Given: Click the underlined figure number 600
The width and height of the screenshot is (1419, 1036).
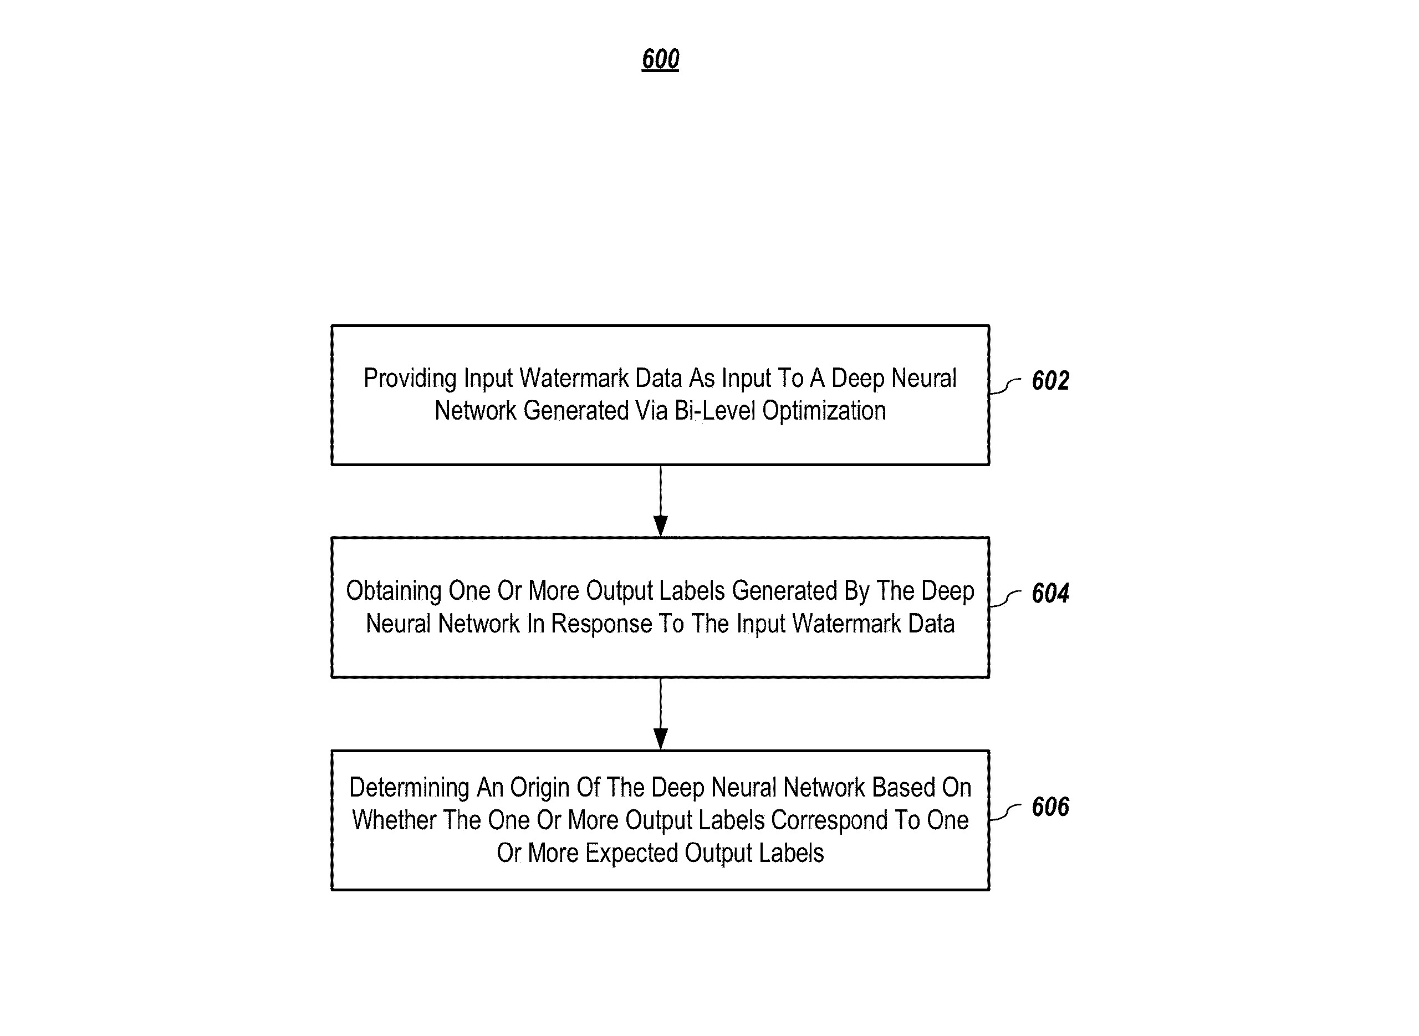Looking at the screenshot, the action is click(x=660, y=59).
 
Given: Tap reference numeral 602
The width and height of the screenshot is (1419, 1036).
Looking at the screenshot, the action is click(x=1050, y=381).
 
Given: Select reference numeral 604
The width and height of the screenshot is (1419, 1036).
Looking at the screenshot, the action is click(x=1050, y=593).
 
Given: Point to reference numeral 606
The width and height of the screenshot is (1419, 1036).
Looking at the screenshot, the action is click(x=1050, y=807).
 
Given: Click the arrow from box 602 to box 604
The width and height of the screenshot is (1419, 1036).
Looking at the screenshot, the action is click(x=660, y=501).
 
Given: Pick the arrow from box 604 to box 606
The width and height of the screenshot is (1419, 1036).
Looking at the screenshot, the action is click(x=660, y=713).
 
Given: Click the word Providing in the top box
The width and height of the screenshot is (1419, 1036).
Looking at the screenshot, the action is click(x=410, y=379).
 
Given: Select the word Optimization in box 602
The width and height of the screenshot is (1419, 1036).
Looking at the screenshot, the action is click(x=824, y=411).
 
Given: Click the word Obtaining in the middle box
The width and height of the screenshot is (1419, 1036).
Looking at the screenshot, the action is click(x=394, y=591).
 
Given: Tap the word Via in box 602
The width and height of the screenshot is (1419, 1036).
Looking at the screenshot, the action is click(x=651, y=411).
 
